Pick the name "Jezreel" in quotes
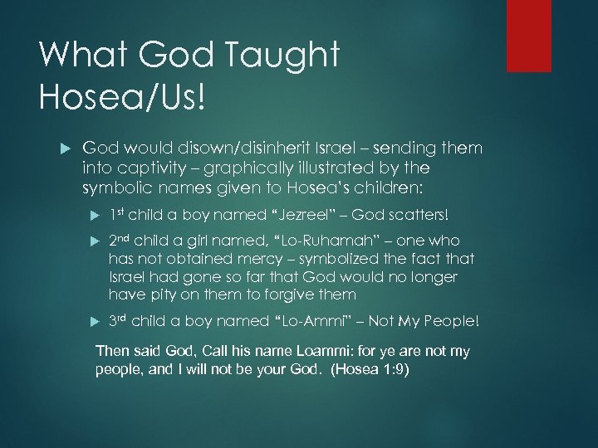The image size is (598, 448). pos(304,215)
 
